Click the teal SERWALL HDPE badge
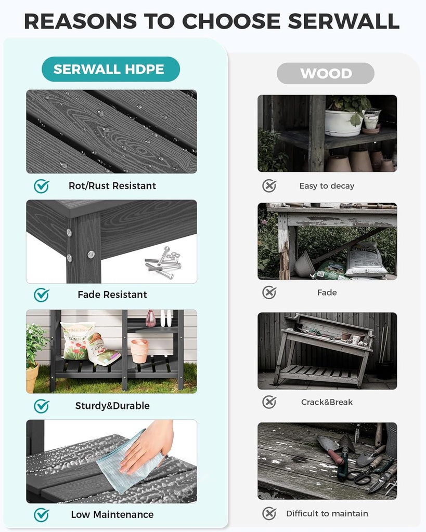[109, 69]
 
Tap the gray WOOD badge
[326, 73]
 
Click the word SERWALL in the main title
[343, 21]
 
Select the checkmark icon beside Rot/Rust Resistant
[41, 186]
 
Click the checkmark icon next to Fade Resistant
[41, 295]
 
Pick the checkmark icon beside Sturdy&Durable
[41, 406]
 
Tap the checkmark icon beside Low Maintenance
[41, 515]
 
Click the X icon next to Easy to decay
[269, 186]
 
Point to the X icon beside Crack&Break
[269, 402]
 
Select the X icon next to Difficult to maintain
[269, 514]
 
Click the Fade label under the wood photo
[327, 292]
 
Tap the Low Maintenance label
[112, 515]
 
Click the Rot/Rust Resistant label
[112, 186]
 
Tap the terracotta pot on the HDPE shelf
[139, 351]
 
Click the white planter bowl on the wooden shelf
[342, 123]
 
